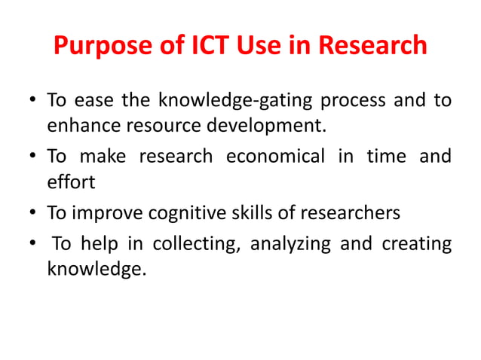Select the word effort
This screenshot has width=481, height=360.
tap(71, 182)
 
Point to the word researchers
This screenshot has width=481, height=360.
tap(351, 213)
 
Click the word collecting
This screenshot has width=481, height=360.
tap(197, 245)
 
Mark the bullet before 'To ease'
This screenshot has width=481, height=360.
tap(33, 101)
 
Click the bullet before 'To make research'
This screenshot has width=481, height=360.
tap(33, 157)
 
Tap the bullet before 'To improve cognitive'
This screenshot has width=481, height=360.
tap(33, 214)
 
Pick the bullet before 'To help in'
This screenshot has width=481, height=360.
tap(33, 246)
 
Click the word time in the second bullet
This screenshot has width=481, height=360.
tap(384, 157)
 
